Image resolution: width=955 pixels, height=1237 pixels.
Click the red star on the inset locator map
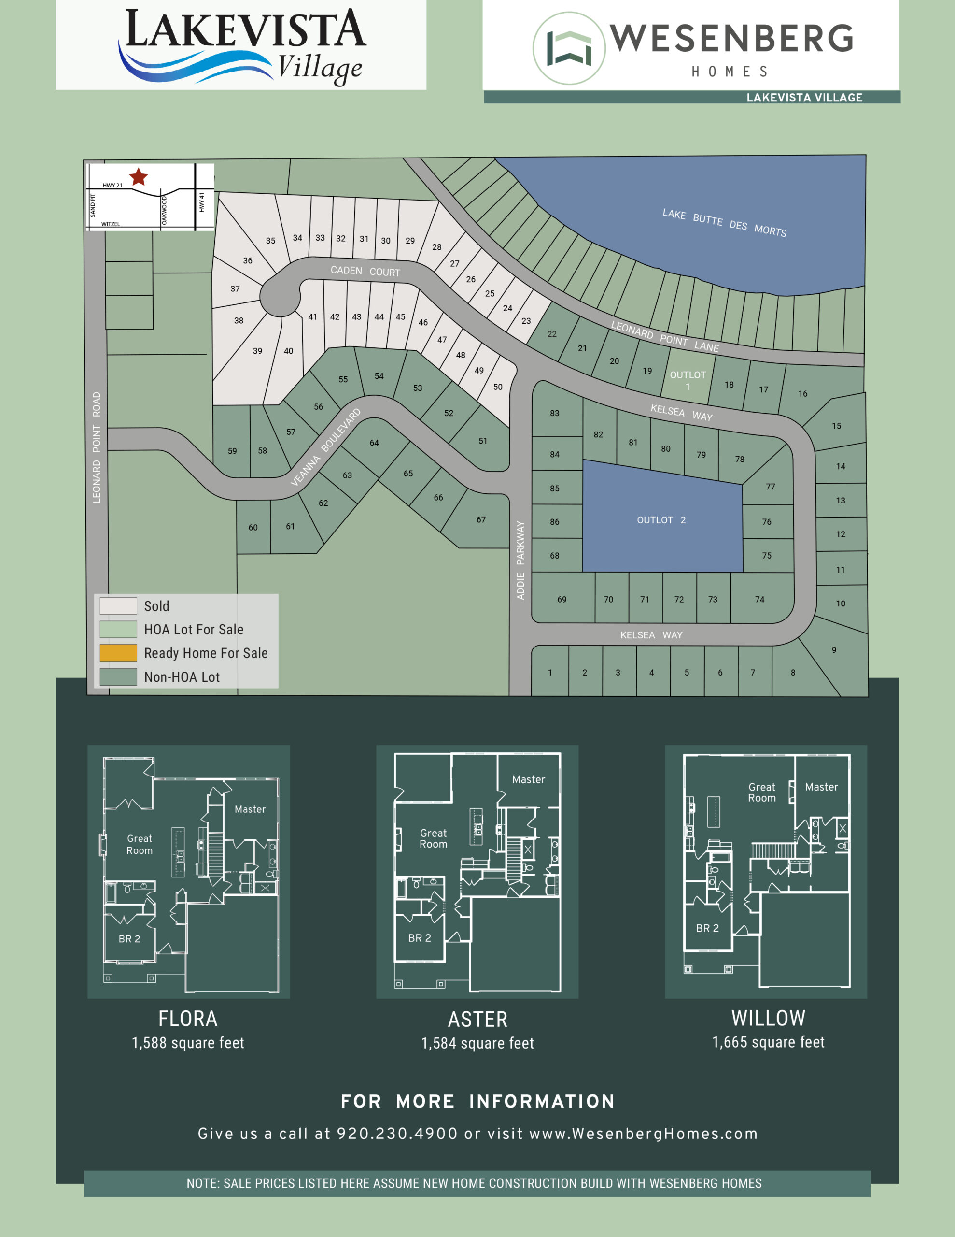[139, 177]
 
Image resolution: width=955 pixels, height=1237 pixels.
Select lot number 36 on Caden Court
[247, 260]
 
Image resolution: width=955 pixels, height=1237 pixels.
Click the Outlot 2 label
[660, 520]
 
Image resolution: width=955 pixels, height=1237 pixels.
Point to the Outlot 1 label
[688, 381]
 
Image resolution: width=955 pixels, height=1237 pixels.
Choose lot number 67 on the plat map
[480, 519]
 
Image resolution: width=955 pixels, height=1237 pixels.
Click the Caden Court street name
[365, 271]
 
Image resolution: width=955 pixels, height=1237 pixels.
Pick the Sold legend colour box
[118, 605]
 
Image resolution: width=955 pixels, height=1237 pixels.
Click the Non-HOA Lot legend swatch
[118, 676]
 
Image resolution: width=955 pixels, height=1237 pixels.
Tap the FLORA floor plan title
[187, 1019]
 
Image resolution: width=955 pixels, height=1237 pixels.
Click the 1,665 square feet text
[768, 1042]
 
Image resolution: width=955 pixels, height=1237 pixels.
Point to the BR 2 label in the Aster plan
[420, 938]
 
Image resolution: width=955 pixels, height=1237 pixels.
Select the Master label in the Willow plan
[821, 787]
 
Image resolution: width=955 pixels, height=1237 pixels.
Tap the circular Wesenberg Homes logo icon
[569, 49]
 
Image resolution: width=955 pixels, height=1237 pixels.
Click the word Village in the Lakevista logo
[320, 68]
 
